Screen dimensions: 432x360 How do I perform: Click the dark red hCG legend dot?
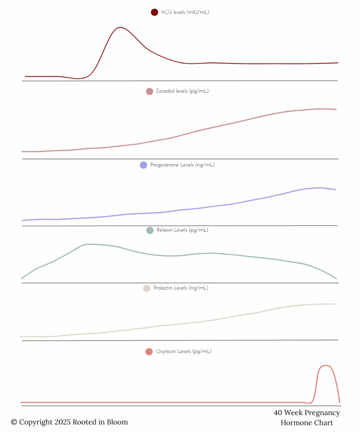pos(154,12)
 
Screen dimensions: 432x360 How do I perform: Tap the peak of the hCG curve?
pos(120,27)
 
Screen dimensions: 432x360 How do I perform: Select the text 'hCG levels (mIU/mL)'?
pos(185,12)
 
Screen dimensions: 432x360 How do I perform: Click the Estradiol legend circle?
pos(149,91)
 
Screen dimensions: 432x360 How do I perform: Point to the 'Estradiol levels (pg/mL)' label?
pos(182,91)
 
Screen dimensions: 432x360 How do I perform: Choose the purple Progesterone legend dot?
pos(143,165)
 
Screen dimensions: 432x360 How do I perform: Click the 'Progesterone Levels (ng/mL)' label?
pos(182,165)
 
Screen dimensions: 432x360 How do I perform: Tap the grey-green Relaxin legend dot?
pos(149,230)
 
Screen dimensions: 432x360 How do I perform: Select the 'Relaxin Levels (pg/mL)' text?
pos(182,230)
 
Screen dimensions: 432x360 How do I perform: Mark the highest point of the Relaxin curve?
pos(89,244)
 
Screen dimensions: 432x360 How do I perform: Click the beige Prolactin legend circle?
pos(146,288)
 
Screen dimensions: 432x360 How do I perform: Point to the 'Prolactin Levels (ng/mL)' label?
pos(181,288)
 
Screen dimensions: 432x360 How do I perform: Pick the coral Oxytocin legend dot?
pos(149,351)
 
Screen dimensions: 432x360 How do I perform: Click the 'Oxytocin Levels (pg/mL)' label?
pos(184,351)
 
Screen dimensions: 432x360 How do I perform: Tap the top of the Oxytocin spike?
pos(325,365)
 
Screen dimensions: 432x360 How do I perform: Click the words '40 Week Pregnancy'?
pos(306,413)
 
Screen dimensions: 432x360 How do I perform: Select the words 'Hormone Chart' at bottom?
pos(306,423)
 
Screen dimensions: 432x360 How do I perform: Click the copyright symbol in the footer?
pos(14,422)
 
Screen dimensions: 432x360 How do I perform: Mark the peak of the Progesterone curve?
pos(316,187)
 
